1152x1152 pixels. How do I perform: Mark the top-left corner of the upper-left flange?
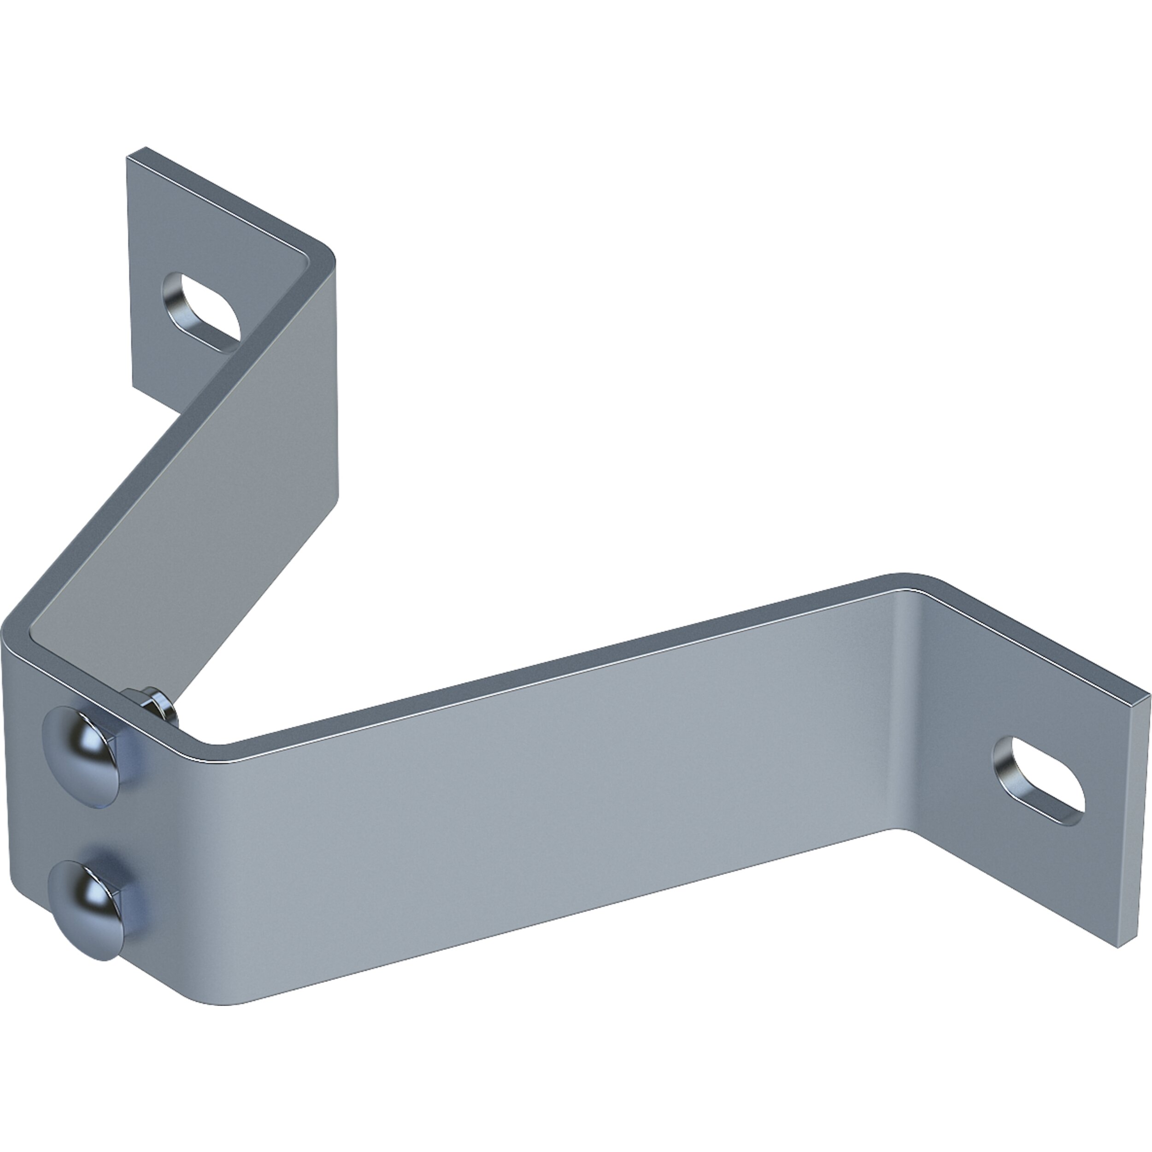tap(127, 156)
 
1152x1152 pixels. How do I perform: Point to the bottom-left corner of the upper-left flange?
tap(132, 389)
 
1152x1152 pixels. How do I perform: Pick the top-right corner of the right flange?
tap(1148, 695)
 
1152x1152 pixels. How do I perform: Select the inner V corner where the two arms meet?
tap(212, 742)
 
